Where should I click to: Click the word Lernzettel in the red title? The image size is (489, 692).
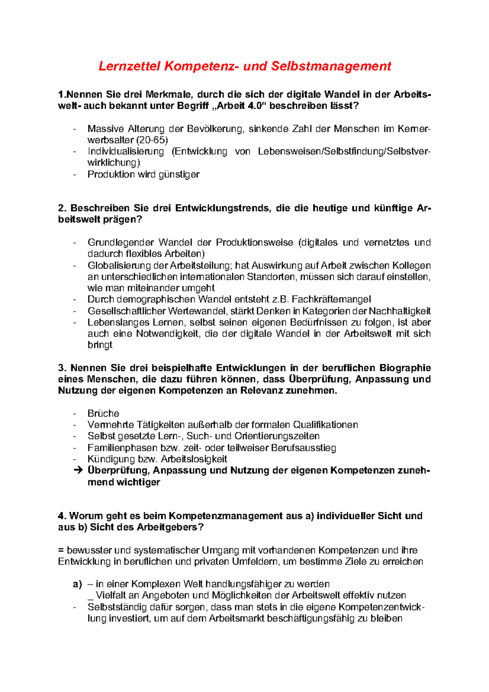point(130,66)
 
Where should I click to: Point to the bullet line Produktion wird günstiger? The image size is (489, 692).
point(143,174)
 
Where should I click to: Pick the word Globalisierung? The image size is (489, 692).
point(119,266)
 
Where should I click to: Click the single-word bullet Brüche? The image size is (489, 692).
point(104,413)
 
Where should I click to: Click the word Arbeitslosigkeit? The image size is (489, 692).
point(194,459)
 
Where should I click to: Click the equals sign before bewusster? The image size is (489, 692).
point(61,551)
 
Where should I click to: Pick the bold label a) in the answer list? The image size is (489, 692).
point(77,584)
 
